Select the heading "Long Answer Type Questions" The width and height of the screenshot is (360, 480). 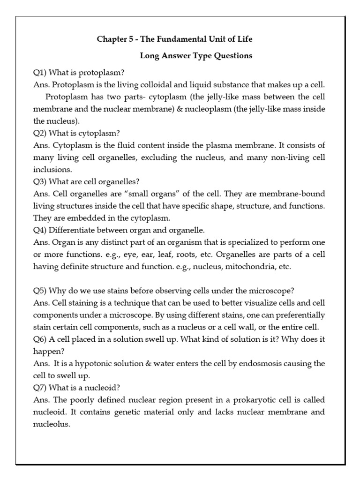point(196,56)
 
